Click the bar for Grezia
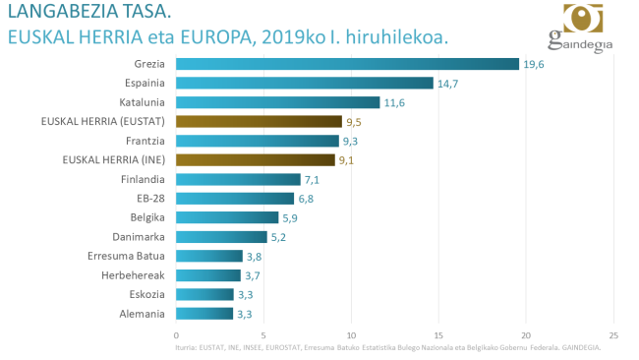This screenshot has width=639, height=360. (347, 64)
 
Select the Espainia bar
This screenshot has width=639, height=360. (304, 84)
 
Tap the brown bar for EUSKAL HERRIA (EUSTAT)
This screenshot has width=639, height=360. (259, 122)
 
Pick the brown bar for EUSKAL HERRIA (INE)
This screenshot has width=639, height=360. (256, 160)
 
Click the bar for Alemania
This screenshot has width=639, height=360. (204, 314)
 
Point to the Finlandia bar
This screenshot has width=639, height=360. (238, 179)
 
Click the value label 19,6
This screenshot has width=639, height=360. (534, 65)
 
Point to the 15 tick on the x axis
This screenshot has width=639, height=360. (438, 334)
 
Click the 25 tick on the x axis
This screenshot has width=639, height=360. (613, 334)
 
